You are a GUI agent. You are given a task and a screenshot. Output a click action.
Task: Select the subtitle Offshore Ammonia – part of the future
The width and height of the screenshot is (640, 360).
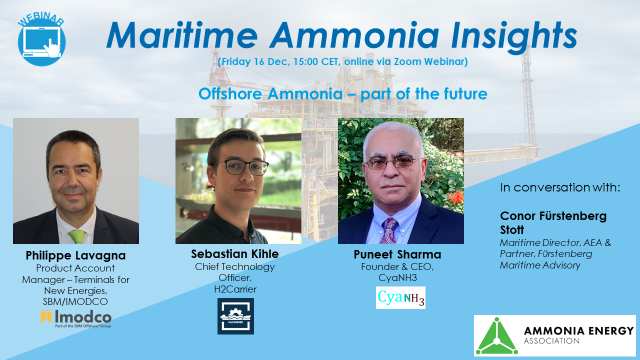click(342, 93)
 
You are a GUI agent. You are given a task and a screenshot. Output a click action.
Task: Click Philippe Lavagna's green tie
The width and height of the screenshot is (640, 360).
click(76, 236)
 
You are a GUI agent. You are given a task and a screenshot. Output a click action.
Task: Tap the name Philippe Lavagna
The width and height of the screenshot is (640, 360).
click(75, 255)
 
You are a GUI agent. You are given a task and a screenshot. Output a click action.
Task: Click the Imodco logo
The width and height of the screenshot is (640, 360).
click(76, 318)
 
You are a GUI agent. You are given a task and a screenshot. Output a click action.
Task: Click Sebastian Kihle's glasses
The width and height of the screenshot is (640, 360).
click(240, 167)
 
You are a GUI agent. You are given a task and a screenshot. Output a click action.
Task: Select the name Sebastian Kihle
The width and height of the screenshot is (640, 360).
click(235, 253)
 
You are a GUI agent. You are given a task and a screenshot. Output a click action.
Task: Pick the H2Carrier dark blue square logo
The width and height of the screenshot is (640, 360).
click(235, 316)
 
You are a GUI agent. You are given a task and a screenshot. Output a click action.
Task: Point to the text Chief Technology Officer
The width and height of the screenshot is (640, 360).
click(235, 271)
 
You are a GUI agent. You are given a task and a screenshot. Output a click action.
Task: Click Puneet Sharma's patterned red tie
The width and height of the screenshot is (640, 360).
click(389, 230)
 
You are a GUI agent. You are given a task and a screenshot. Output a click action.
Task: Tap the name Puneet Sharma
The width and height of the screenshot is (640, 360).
click(397, 254)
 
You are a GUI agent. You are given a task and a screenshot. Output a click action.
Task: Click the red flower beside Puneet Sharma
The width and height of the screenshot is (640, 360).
click(454, 197)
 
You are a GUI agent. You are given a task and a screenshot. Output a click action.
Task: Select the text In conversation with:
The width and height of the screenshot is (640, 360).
click(560, 187)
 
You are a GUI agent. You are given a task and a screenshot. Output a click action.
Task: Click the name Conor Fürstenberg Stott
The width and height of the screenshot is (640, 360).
click(553, 222)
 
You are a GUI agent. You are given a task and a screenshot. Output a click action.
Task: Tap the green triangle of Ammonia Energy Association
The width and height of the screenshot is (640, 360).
click(496, 336)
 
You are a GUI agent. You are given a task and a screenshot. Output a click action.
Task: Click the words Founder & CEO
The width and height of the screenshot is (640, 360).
click(397, 266)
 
